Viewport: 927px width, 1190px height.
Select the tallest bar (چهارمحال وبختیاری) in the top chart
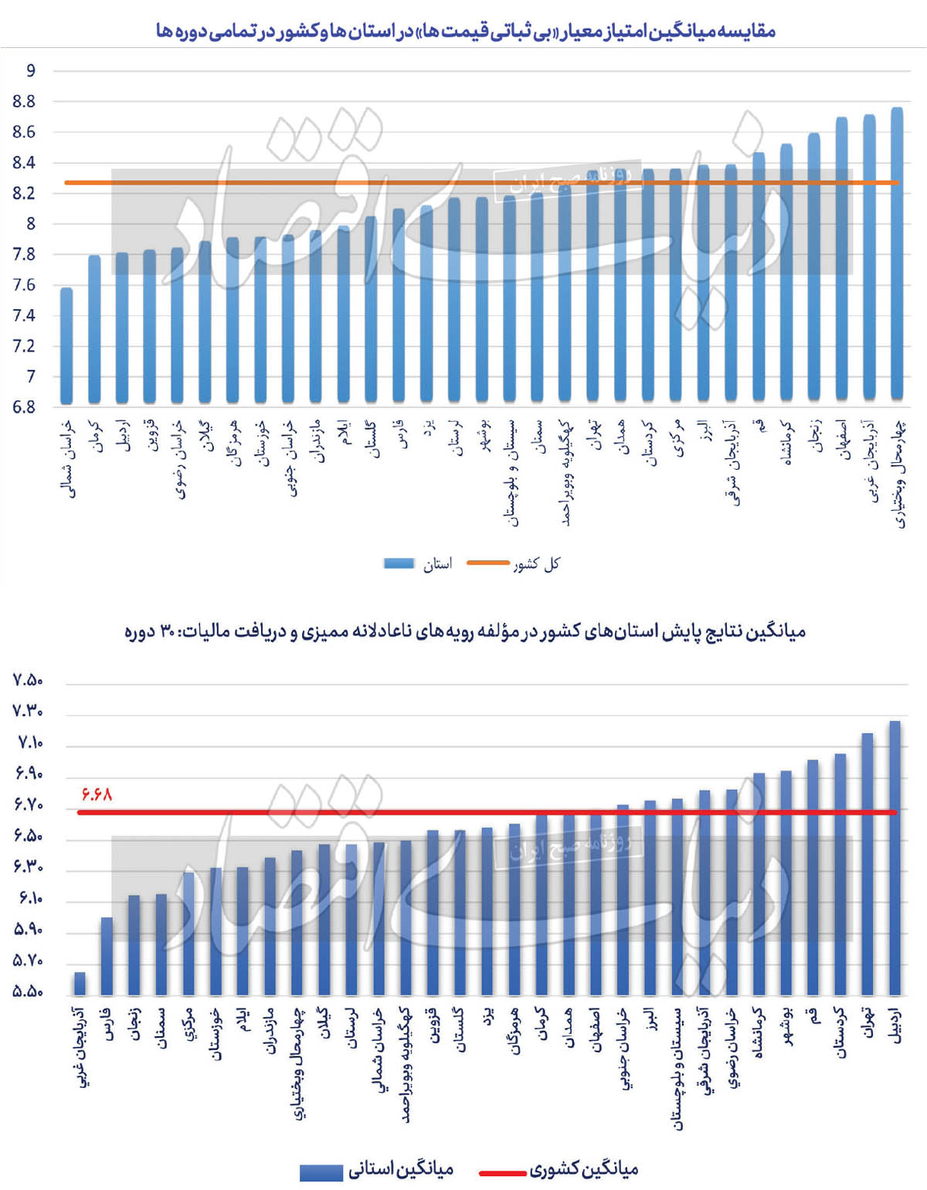click(x=897, y=255)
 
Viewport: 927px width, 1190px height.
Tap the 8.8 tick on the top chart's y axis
click(x=24, y=101)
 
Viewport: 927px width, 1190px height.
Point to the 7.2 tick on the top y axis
click(x=24, y=345)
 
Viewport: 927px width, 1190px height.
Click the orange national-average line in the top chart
click(x=309, y=182)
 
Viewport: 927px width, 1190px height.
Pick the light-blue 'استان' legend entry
click(x=418, y=564)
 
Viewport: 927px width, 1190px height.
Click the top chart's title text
click(x=465, y=31)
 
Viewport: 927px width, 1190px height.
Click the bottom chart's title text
click(x=465, y=631)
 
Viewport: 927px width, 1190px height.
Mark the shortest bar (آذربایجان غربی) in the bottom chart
click(x=80, y=983)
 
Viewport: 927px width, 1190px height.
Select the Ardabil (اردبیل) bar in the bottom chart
click(x=895, y=858)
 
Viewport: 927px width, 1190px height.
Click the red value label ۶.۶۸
click(x=97, y=794)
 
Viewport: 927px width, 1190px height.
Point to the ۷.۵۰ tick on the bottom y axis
click(x=28, y=680)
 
